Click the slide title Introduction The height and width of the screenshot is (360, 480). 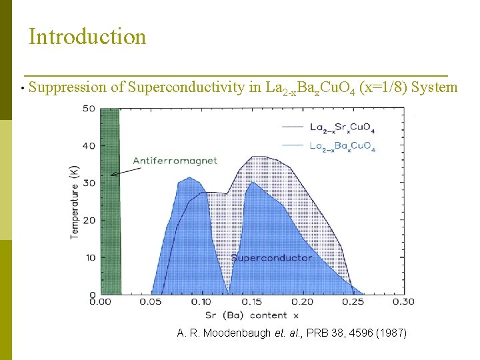87,36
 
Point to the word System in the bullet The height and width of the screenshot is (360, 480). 434,87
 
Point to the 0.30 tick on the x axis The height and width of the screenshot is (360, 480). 403,302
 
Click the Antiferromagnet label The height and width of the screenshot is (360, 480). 175,161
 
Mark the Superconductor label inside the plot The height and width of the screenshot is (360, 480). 271,257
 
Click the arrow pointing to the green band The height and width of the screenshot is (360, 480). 127,170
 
